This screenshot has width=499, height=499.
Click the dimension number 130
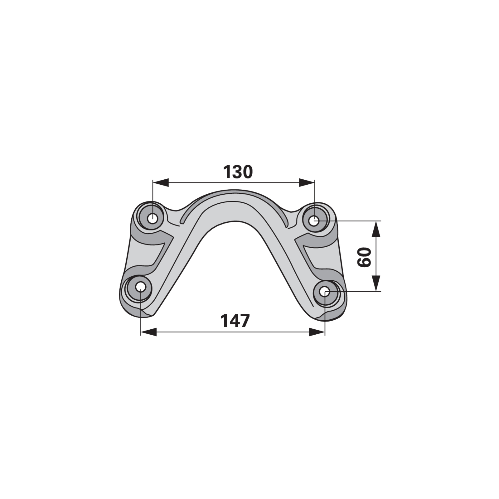tap(238, 172)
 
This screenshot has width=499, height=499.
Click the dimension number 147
tap(235, 321)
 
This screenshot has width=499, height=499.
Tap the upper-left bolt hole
tap(152, 218)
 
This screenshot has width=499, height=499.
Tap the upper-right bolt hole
tap(314, 221)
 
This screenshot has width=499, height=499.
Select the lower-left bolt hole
tap(141, 287)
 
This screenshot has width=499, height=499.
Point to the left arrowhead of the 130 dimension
tap(160, 183)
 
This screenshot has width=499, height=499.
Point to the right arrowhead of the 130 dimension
tap(307, 183)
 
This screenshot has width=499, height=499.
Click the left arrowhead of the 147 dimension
tap(149, 332)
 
